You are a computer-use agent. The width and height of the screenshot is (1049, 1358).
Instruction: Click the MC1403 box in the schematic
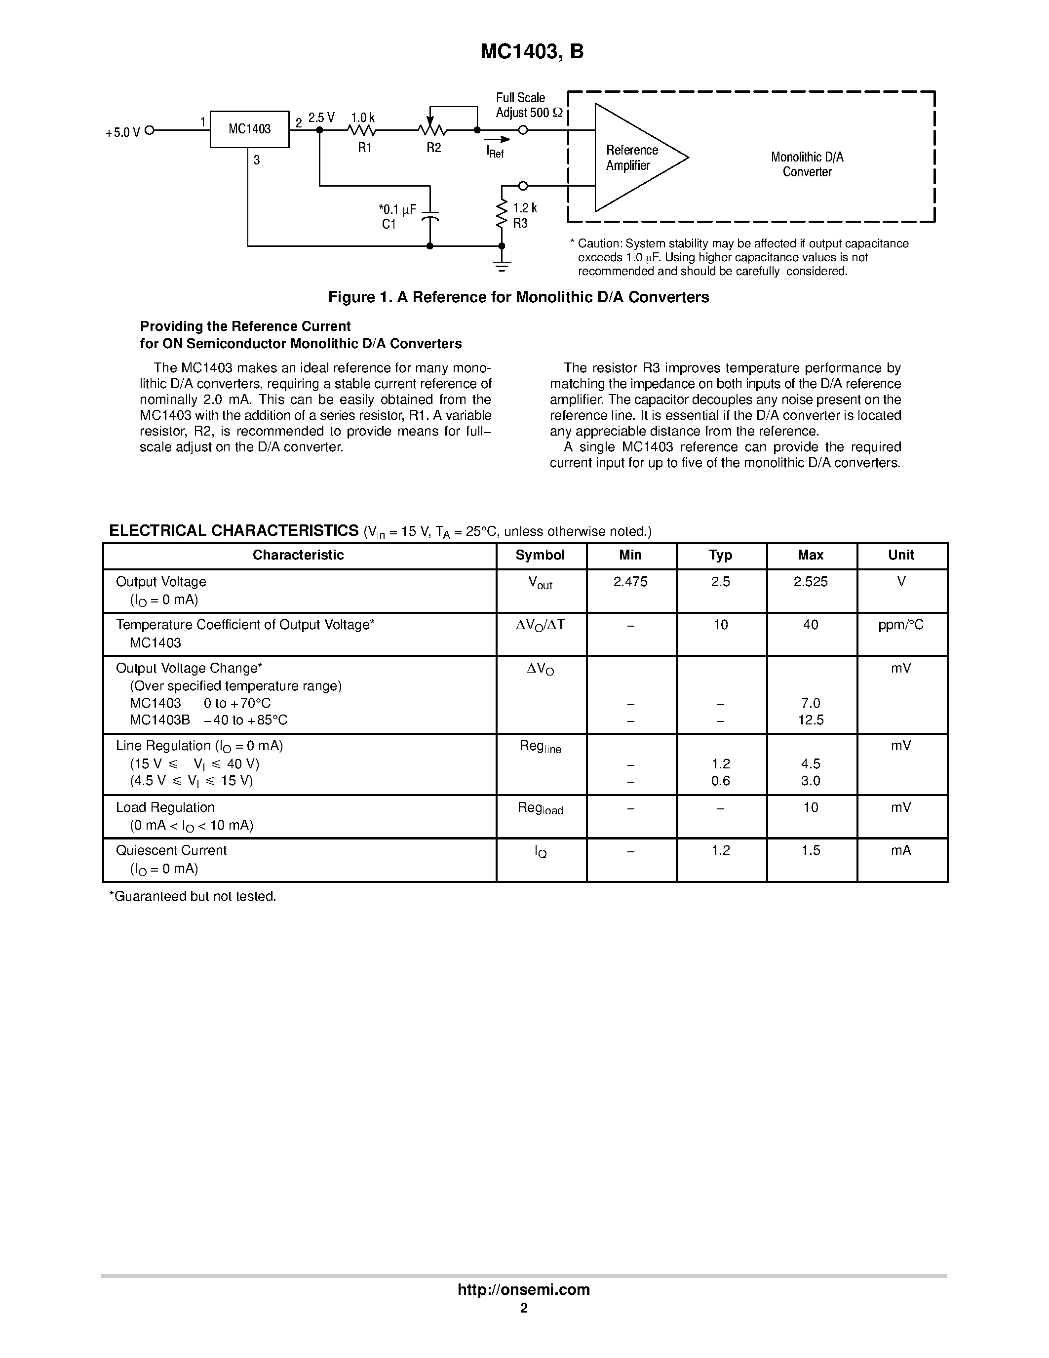[249, 129]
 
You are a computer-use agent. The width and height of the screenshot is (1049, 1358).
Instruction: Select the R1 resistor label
[364, 148]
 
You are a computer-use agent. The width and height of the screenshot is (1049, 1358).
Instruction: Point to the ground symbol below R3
[502, 265]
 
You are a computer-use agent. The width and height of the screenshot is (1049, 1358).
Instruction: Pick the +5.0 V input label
[122, 132]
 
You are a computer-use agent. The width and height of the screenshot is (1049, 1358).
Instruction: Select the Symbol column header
[540, 555]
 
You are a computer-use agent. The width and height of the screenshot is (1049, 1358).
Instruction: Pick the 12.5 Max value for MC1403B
[811, 720]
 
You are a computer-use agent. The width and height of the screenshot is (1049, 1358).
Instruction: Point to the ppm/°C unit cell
[900, 625]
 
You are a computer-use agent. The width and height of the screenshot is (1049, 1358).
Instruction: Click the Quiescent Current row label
[171, 851]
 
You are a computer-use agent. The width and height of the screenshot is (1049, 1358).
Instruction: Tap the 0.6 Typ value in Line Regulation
[720, 781]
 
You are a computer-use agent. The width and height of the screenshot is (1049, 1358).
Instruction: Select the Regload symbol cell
[540, 808]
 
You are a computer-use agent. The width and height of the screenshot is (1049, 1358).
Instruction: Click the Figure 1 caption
[518, 297]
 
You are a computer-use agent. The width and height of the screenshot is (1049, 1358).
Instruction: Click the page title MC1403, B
[532, 52]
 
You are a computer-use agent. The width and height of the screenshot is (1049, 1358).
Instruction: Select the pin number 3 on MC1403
[257, 160]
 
